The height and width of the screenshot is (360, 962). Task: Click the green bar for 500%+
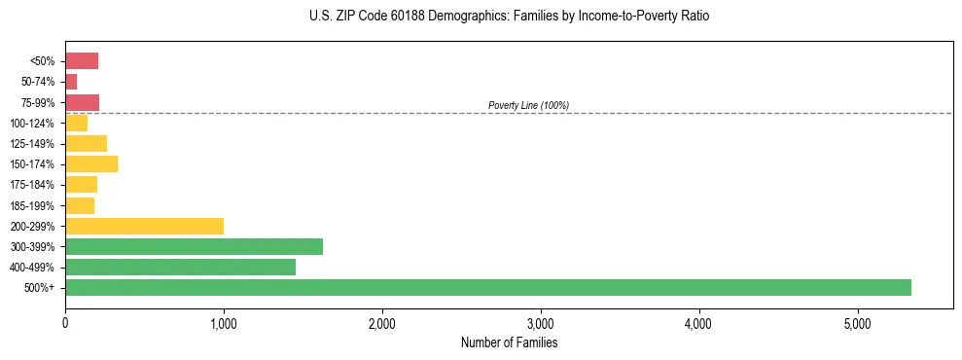tap(487, 287)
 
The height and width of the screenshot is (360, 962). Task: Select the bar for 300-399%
tap(194, 246)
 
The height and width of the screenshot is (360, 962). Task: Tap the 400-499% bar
tap(180, 267)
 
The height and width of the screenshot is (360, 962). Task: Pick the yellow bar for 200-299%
tap(144, 226)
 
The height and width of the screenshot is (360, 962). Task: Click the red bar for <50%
tap(82, 61)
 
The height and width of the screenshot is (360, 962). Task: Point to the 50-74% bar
tap(71, 82)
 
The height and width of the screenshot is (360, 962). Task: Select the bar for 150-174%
tap(91, 164)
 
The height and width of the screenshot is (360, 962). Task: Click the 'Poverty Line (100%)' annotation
tap(528, 105)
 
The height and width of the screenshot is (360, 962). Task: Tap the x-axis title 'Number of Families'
tap(509, 342)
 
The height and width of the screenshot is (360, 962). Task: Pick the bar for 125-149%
tap(86, 144)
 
